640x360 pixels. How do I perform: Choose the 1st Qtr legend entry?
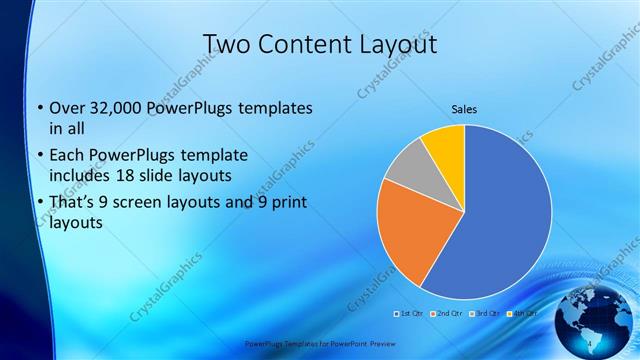(x=409, y=314)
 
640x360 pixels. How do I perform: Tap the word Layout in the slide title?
(x=395, y=44)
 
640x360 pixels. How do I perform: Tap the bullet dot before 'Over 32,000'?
(x=39, y=108)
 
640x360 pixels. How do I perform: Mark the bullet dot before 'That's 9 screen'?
(x=39, y=204)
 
